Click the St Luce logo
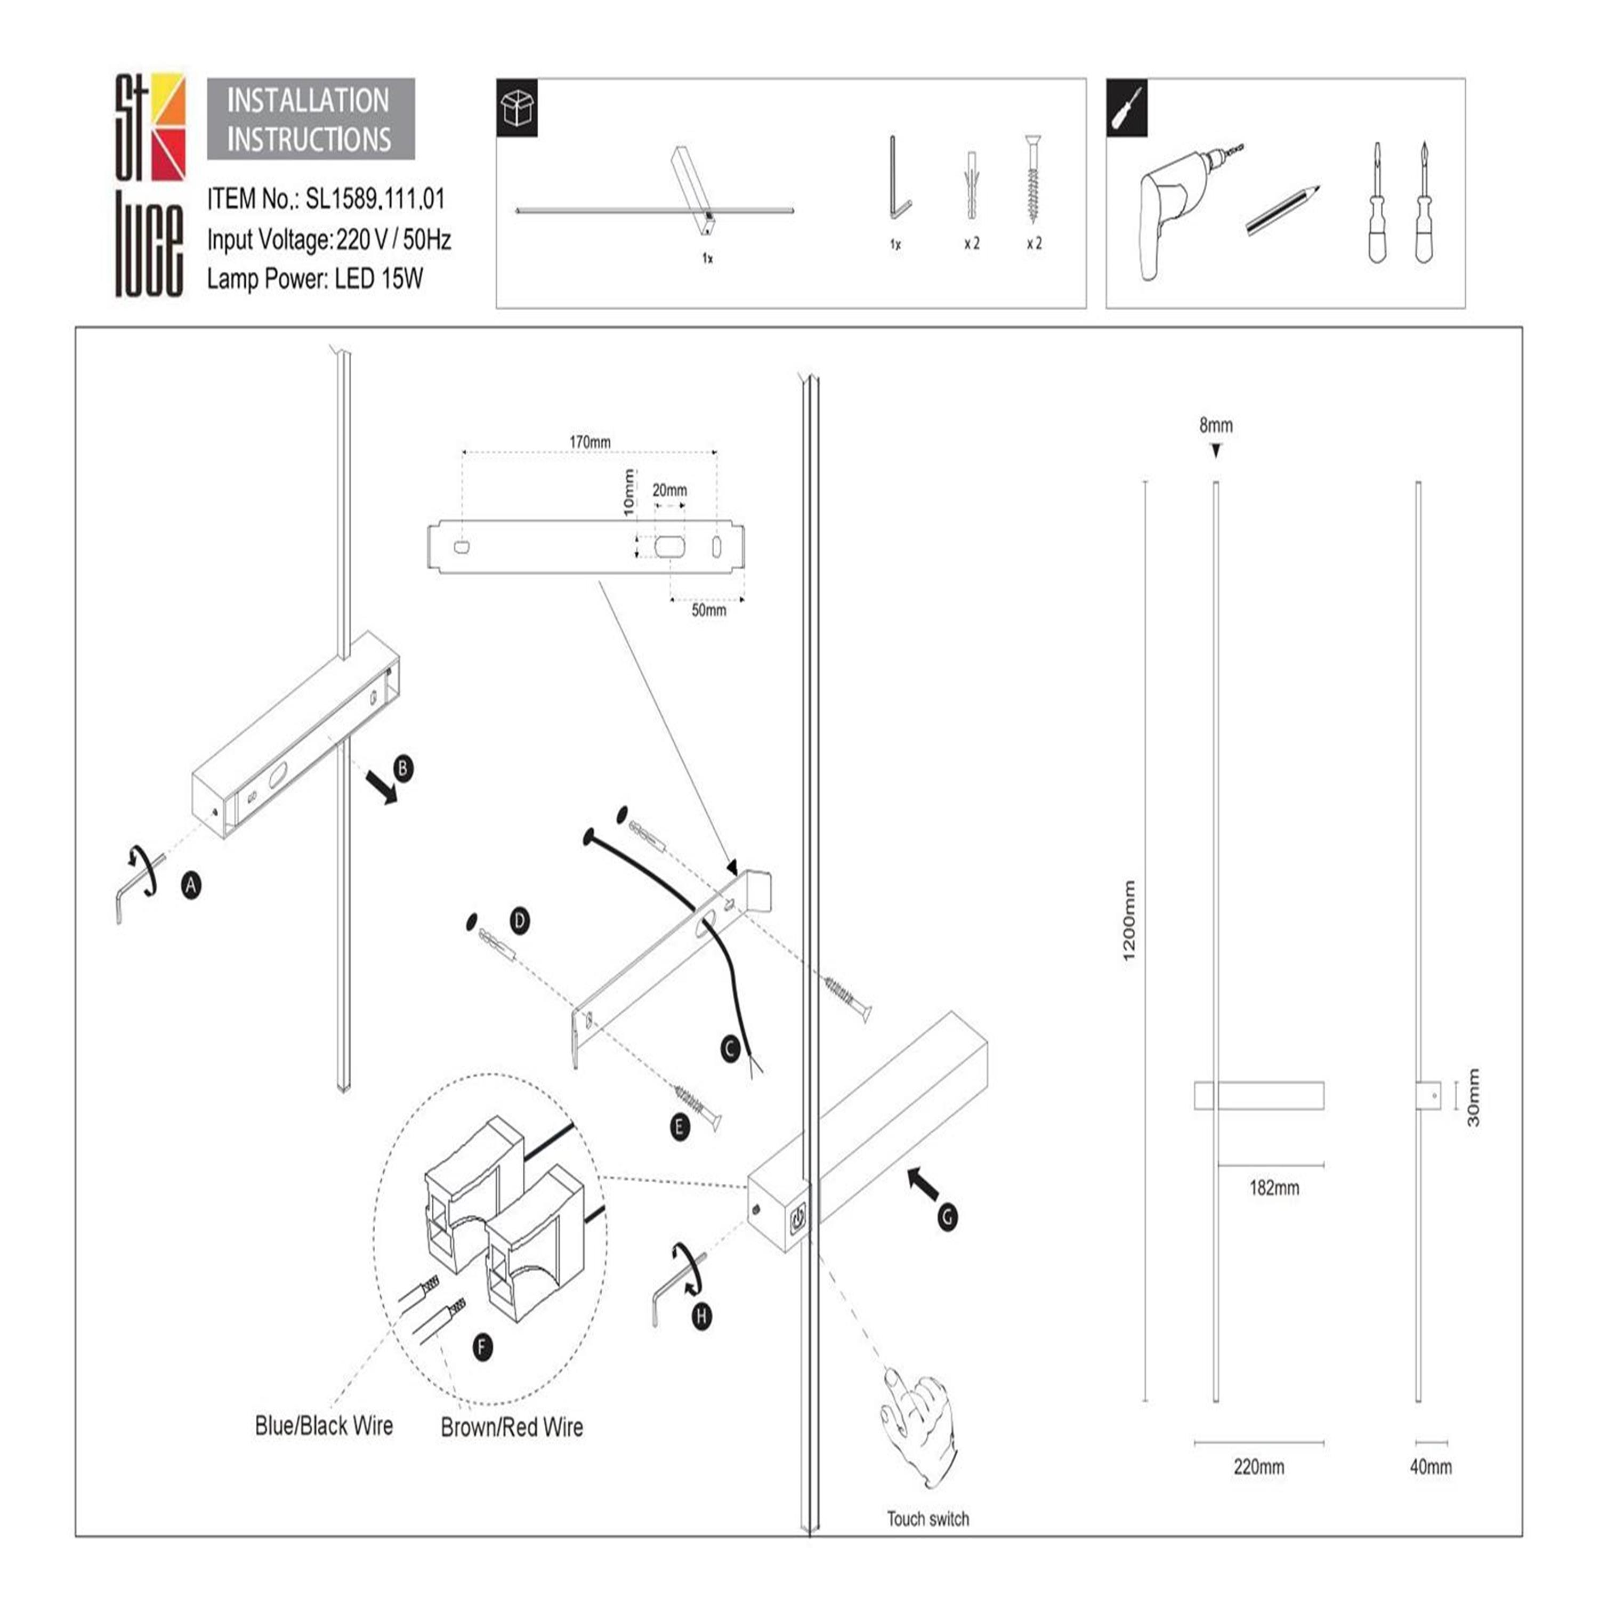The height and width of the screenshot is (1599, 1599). (150, 184)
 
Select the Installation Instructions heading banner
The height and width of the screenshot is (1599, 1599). (310, 119)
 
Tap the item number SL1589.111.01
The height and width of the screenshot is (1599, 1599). (375, 199)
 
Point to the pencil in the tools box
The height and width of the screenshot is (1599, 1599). (1281, 210)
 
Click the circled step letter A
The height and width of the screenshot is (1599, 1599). (191, 885)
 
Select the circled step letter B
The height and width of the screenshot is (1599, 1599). (403, 768)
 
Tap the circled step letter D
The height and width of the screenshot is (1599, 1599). (520, 920)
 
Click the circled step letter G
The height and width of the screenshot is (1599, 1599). (948, 1217)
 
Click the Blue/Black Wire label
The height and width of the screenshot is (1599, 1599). (324, 1426)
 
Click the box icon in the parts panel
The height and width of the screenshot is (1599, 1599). (517, 108)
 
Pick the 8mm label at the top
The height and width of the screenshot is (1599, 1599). (1216, 425)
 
